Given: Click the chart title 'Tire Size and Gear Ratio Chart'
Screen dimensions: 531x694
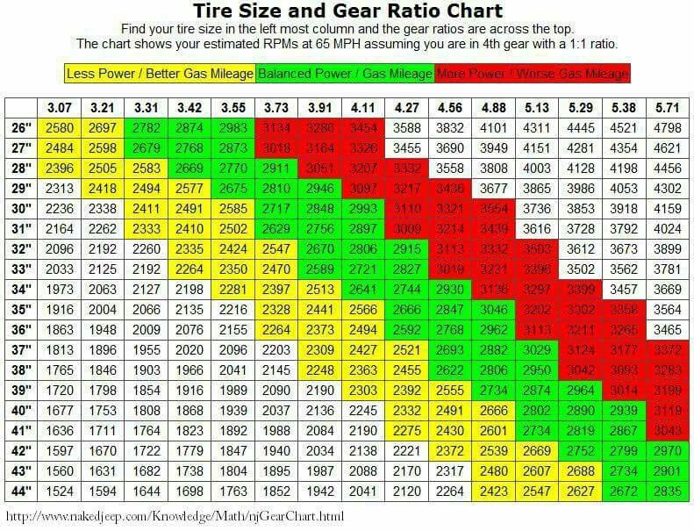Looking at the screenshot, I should point(347,11).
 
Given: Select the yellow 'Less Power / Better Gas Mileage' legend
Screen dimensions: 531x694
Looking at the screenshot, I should point(160,74).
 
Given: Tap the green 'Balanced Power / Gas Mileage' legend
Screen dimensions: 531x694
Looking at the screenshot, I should point(345,74).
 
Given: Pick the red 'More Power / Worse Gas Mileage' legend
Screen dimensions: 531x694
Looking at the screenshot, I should point(532,74).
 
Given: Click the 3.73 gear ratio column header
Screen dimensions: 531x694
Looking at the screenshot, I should point(276,108).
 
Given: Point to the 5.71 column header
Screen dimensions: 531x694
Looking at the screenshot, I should point(668,108).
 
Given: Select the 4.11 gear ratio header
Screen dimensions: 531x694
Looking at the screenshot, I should point(363,108).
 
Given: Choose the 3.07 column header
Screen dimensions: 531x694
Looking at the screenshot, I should point(60,108).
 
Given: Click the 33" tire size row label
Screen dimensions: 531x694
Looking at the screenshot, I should point(20,269).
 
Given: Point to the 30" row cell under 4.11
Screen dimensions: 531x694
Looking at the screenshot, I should point(363,209).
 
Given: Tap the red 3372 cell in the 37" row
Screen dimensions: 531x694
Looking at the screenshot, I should point(668,348).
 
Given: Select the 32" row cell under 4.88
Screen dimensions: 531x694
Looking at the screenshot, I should point(494,248).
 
